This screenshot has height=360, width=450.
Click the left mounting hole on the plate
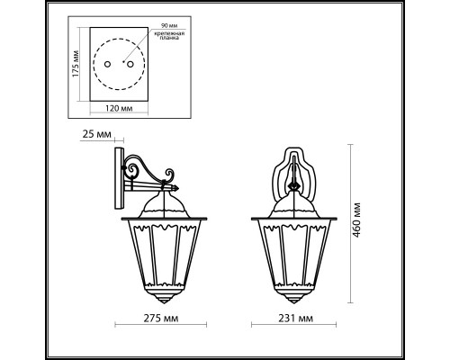pyautogui.click(x=108, y=66)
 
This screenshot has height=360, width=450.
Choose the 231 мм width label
pyautogui.click(x=294, y=319)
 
